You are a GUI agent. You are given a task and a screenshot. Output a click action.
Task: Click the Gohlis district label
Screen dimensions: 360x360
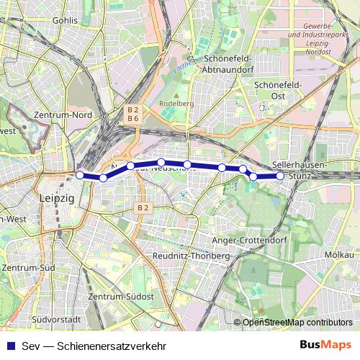(x=65, y=20)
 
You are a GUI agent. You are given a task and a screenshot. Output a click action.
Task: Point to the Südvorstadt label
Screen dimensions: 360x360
(x=54, y=318)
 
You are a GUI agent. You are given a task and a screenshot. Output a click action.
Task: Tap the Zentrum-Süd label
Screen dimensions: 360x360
(x=28, y=268)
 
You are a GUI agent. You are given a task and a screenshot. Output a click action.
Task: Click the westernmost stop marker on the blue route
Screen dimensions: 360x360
(x=80, y=174)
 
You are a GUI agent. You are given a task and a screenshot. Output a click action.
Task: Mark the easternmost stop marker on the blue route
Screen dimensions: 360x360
(x=280, y=176)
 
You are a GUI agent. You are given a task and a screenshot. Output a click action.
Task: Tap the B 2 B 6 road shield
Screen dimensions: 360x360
(x=132, y=114)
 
